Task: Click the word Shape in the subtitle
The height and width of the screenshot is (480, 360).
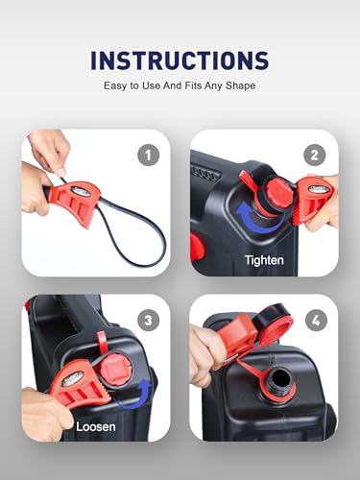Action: tap(241, 86)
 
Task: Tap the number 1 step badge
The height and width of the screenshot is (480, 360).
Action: tap(148, 154)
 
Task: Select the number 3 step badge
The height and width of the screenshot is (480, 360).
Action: tap(148, 319)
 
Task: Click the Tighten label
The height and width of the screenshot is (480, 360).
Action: tap(265, 260)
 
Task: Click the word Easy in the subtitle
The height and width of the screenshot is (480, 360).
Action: tap(116, 86)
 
